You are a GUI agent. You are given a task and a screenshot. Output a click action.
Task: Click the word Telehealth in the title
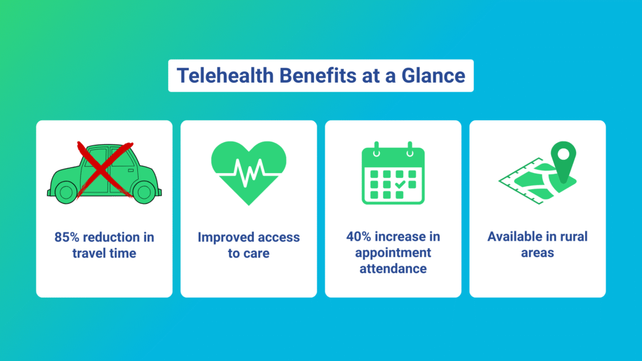tap(225, 76)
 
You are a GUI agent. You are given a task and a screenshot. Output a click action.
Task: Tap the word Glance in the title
tap(433, 76)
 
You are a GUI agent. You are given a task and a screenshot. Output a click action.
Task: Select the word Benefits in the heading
tap(317, 76)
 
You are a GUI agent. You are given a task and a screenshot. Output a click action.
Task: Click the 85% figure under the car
tap(66, 237)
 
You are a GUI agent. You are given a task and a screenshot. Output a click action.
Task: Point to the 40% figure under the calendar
tap(359, 236)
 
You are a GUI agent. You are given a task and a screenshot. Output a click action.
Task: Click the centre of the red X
tap(105, 169)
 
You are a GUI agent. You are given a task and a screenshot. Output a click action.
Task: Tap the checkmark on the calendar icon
tap(400, 185)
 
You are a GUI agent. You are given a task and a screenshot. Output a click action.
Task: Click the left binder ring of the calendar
tap(376, 149)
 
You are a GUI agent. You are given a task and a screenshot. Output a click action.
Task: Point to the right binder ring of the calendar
tap(410, 149)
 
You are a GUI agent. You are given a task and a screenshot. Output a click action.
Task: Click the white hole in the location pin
tap(564, 154)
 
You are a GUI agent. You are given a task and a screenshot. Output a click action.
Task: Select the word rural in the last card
tap(573, 236)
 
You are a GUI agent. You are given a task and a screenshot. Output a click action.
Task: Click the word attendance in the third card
tap(393, 269)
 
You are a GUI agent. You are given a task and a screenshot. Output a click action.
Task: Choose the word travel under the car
tap(88, 253)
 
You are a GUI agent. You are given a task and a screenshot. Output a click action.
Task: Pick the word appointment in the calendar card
tap(393, 253)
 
